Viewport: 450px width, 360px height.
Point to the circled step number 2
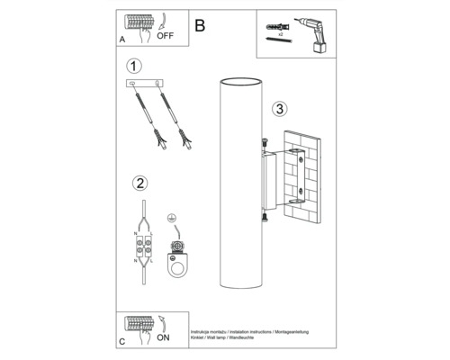[139, 184]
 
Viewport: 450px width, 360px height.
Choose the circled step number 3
[281, 109]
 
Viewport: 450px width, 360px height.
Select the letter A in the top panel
[121, 40]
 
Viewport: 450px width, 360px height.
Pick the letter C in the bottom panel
[121, 342]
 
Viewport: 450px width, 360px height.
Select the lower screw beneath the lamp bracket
[263, 216]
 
